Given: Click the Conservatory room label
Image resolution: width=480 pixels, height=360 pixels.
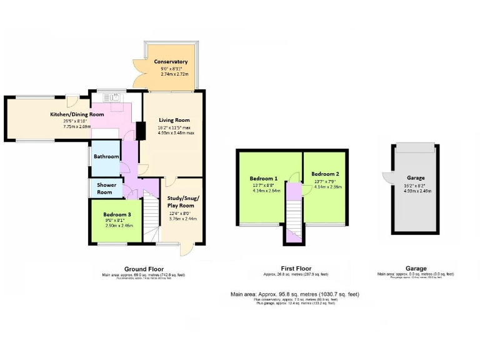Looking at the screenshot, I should point(171,62).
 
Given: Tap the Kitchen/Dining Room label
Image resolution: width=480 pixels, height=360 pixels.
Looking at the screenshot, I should point(77,114).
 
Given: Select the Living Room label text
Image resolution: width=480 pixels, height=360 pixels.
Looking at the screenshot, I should point(174,120).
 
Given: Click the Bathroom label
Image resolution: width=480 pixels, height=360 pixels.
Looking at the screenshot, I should point(106,156).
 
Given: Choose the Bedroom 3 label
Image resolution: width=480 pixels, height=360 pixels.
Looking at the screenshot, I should point(116,214).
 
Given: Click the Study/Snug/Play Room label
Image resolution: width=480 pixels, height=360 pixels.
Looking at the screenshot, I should point(180,202).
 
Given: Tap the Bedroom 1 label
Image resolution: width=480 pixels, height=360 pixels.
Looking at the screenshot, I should point(265,177).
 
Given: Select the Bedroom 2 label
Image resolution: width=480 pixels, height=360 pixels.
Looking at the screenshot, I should point(325,174).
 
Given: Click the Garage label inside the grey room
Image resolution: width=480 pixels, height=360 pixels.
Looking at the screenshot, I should point(416,177).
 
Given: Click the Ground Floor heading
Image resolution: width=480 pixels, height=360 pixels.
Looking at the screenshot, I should point(144,269).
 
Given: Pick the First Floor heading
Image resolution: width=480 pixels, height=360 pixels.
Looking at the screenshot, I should point(294,269).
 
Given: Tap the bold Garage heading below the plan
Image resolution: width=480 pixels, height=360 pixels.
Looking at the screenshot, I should point(416,269).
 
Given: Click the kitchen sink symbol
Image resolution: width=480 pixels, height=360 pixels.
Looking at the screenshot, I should point(112,97).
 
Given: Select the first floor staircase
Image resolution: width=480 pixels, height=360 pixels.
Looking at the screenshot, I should point(293,216).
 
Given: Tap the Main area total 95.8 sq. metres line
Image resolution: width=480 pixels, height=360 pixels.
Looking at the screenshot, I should point(294,294).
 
